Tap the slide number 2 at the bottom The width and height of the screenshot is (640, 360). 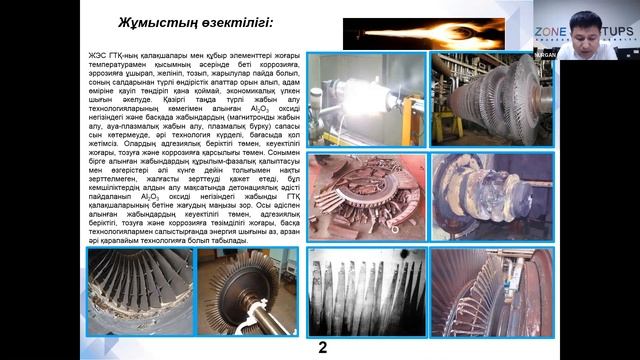[x=322, y=348]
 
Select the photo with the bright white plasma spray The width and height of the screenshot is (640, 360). [x=366, y=98]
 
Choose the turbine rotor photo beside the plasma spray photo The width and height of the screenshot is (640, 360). [x=490, y=98]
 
